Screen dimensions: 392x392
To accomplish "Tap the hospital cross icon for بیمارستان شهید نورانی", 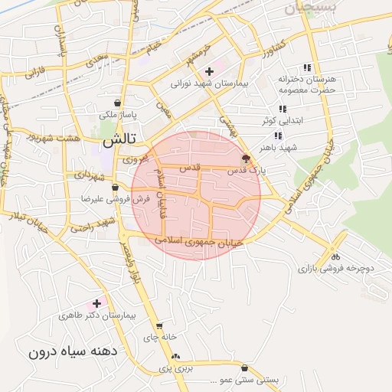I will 209,71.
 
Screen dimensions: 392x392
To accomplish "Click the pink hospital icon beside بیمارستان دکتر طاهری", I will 96,303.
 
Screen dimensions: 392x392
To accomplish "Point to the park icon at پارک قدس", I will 245,159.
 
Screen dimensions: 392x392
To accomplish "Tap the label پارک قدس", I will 247,171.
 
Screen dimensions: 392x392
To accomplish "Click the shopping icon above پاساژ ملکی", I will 116,103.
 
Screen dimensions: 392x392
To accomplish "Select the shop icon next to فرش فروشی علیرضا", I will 115,188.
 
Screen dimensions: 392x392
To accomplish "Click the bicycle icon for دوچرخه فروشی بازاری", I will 335,256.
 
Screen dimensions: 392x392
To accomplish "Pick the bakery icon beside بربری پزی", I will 176,357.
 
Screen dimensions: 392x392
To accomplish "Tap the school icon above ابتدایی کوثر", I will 282,109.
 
